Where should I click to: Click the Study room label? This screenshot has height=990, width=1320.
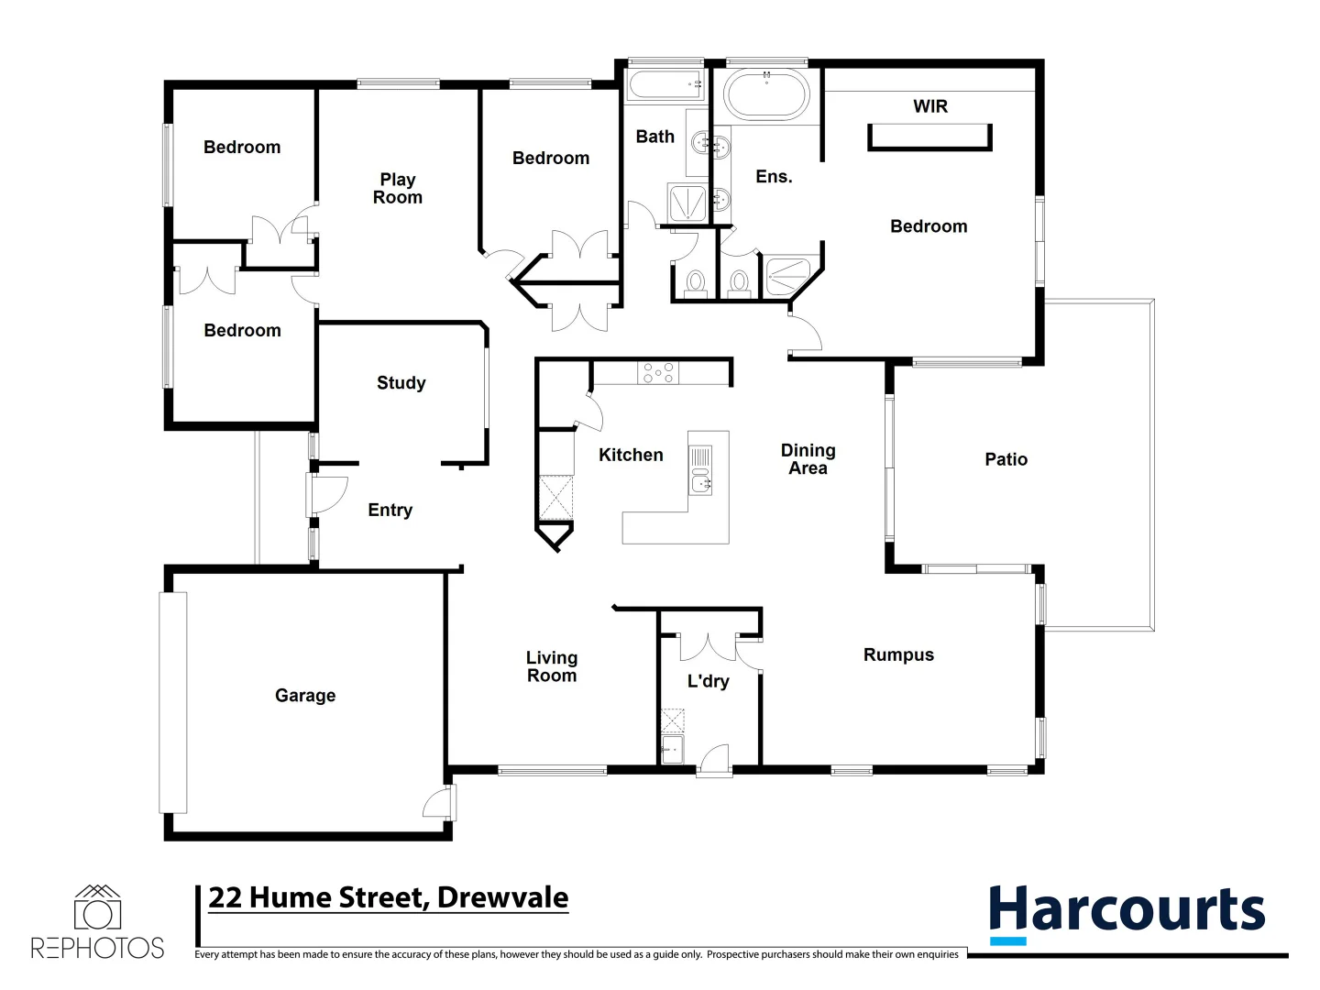pos(401,383)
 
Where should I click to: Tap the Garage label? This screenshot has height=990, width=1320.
pos(305,696)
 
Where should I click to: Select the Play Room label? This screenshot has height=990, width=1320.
pos(398,189)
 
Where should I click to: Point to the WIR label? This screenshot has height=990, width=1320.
pos(929,106)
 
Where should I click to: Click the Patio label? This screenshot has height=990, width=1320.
pos(1006,459)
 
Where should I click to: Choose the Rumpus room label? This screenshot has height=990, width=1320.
pos(898,654)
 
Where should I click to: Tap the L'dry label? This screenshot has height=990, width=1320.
pos(708,681)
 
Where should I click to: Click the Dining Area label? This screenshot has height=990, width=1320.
pos(808,459)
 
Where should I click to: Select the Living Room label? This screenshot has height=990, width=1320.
pos(551,666)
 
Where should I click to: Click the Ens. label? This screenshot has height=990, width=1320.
pos(774,177)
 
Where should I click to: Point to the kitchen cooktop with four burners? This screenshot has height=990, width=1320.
pos(658,372)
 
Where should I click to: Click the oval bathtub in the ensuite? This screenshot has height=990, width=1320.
pos(766,94)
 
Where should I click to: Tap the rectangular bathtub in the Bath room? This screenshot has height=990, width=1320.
pos(665,87)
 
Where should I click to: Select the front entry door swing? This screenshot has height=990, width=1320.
pos(328,494)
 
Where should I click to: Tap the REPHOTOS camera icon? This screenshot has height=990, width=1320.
pos(97,908)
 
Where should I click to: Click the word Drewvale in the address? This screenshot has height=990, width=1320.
pos(502,897)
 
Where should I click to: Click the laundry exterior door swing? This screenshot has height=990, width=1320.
pos(714,760)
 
